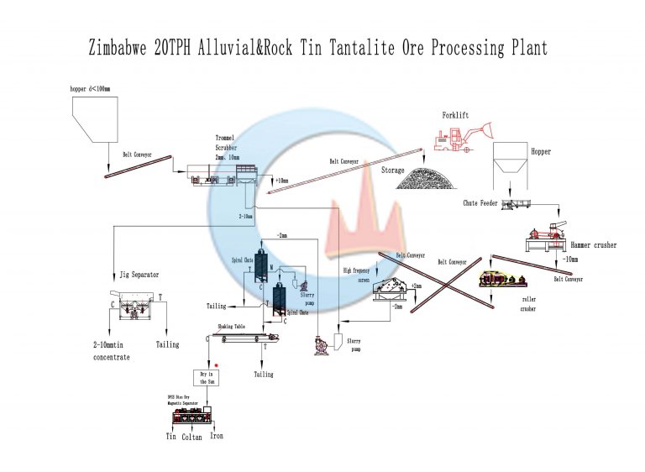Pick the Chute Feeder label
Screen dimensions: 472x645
[x=482, y=202]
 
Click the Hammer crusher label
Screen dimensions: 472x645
[x=593, y=245]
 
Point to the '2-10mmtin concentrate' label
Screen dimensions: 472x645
[x=112, y=351]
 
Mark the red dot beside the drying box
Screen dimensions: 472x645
[x=218, y=366]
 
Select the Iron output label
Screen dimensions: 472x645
[x=216, y=436]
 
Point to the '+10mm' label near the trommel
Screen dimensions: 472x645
[x=281, y=180]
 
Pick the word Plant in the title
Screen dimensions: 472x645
[x=525, y=48]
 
